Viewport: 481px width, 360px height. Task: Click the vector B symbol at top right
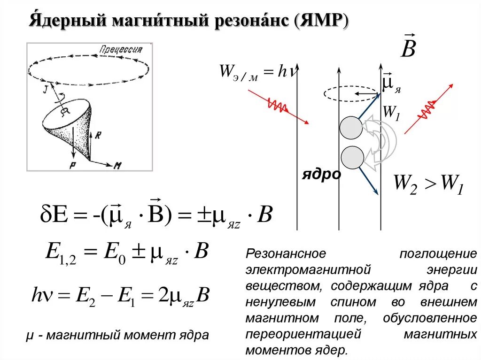pyautogui.click(x=408, y=47)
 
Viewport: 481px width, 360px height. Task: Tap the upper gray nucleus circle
pyautogui.click(x=352, y=127)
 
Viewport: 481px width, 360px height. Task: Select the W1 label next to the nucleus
pyautogui.click(x=390, y=112)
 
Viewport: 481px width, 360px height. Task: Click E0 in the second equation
pyautogui.click(x=116, y=253)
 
